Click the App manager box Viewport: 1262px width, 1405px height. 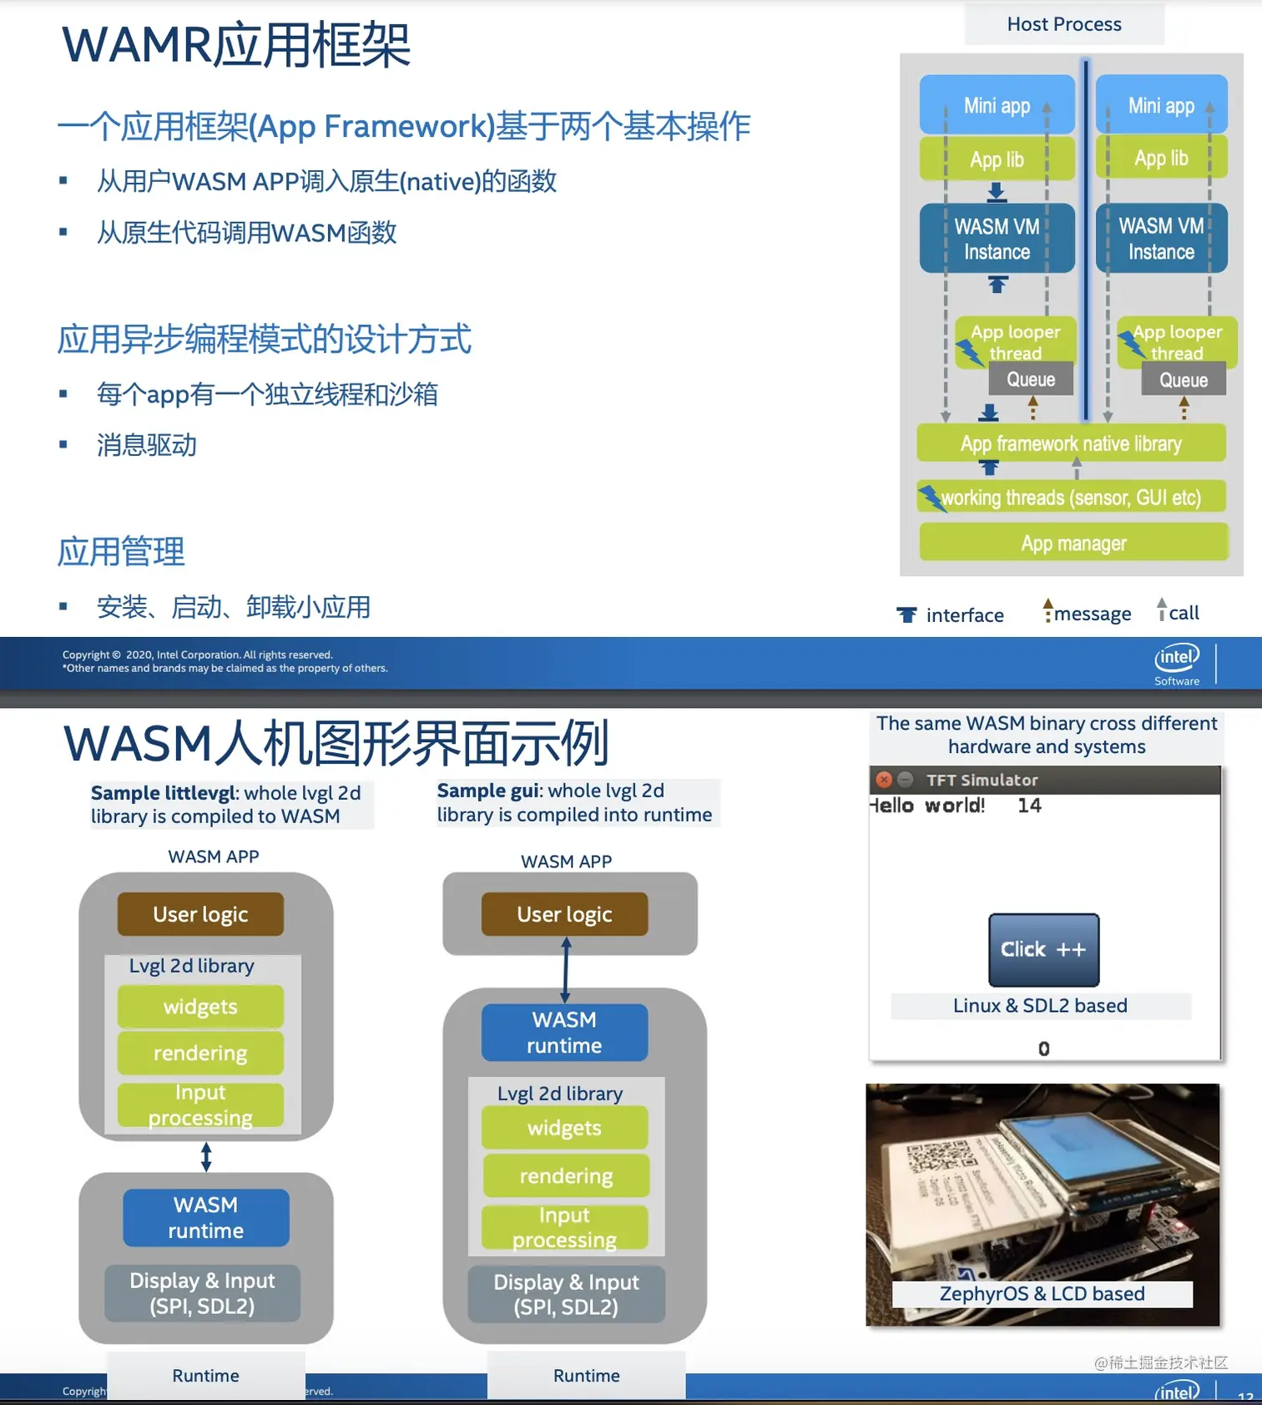pos(1073,543)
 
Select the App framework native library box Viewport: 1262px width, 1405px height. pos(1071,443)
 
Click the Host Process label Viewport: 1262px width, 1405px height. pos(1064,24)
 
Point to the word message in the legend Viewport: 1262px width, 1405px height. pos(1093,614)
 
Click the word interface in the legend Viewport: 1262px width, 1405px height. pos(965,616)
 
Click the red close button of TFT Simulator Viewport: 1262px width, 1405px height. pos(884,780)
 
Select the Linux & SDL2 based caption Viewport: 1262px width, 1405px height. pos(1040,1006)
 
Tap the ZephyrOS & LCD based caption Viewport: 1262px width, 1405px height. pos(1042,1294)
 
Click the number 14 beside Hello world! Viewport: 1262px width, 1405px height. pos(1029,806)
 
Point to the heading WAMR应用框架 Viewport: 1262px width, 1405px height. pos(236,45)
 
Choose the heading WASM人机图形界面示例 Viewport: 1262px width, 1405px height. pos(336,744)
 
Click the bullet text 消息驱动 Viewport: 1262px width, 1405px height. pos(147,445)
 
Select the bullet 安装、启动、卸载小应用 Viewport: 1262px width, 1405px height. pos(233,607)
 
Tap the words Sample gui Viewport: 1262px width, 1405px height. pos(490,791)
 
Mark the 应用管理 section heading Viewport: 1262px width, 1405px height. pos(121,552)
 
